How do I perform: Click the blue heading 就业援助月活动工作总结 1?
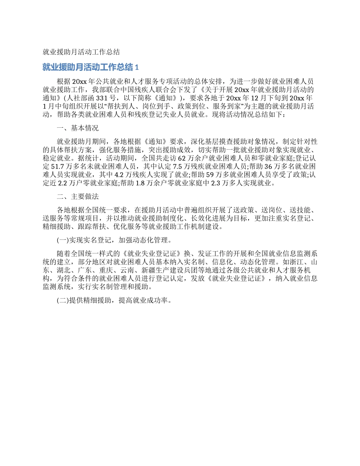[x=91, y=67]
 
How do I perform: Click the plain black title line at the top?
[x=81, y=52]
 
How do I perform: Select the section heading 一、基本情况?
[x=77, y=128]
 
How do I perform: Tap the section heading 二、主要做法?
[x=77, y=197]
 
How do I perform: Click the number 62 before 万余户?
[x=181, y=157]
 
